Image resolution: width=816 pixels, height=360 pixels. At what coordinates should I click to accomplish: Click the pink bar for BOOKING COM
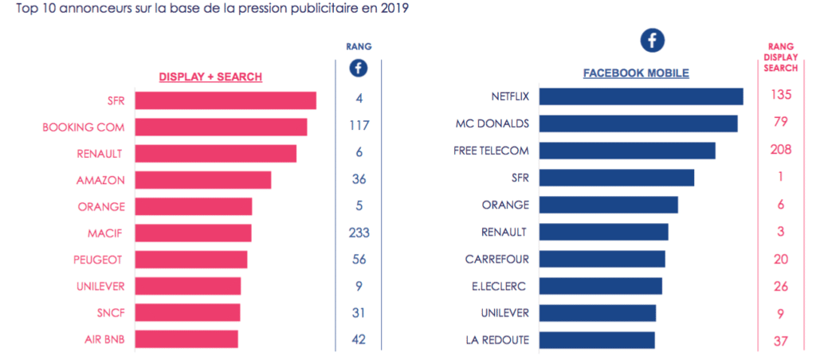coord(221,127)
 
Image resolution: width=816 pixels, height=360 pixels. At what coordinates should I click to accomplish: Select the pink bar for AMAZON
coord(203,180)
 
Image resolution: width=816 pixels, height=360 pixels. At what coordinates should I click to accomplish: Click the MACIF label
coord(106,233)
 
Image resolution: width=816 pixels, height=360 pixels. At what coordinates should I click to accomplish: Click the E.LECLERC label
coord(499,286)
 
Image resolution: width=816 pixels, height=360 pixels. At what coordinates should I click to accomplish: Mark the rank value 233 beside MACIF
coord(359,233)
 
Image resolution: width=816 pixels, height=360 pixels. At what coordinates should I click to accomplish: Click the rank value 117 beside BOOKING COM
coord(359,126)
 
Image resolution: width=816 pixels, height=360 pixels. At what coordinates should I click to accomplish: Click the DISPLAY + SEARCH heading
coord(210,76)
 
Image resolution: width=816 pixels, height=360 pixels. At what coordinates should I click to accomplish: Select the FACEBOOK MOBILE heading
coord(636,73)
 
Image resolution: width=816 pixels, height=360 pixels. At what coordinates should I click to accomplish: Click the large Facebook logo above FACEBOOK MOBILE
coord(653,41)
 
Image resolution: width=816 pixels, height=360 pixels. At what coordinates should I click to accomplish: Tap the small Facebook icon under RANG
coord(359,68)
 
